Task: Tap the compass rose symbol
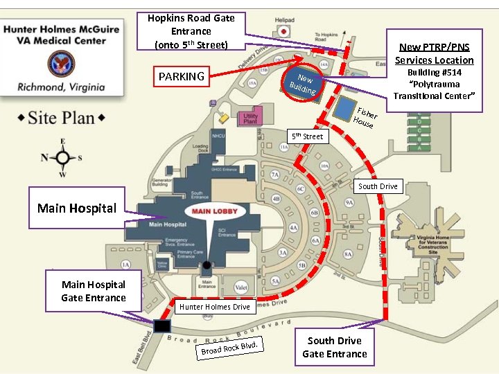click(63, 157)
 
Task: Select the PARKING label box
click(182, 76)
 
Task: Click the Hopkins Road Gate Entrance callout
click(191, 31)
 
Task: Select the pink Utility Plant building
click(250, 116)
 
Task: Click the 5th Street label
click(307, 136)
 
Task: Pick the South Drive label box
click(378, 186)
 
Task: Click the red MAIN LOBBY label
click(215, 211)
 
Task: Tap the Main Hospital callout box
click(76, 208)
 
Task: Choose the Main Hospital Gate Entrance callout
click(94, 291)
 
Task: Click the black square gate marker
click(162, 326)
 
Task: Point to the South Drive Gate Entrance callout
click(335, 347)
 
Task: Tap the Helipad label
click(284, 20)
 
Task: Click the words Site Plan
click(61, 118)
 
